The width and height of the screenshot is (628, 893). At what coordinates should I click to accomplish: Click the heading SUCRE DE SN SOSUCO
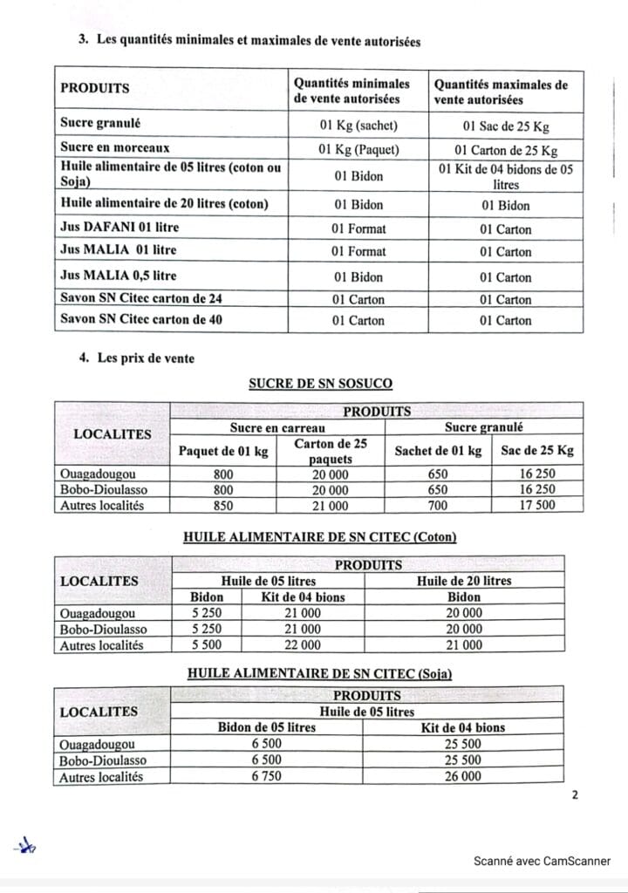point(320,383)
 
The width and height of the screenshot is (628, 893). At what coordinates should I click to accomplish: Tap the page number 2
point(574,794)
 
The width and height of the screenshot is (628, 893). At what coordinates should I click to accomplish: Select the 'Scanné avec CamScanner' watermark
point(542,861)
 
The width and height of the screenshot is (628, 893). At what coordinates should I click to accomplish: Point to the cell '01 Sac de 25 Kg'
point(505,125)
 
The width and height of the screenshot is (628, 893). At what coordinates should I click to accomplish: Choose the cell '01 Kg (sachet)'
point(358,125)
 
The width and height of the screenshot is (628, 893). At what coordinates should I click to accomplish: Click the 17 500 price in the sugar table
point(536,506)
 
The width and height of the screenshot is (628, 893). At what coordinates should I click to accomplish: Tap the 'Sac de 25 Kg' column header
point(536,451)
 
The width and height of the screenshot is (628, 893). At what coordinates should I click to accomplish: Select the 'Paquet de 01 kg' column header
point(223,451)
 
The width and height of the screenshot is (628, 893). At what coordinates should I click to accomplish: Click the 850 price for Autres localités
point(223,506)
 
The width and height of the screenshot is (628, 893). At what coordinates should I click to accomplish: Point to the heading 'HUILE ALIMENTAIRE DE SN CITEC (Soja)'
point(320,674)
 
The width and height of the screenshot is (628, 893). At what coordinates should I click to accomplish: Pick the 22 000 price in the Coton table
point(303,645)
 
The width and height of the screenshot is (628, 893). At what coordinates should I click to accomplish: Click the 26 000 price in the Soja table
point(462,776)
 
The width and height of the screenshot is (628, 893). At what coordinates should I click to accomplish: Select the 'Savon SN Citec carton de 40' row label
point(140,319)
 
